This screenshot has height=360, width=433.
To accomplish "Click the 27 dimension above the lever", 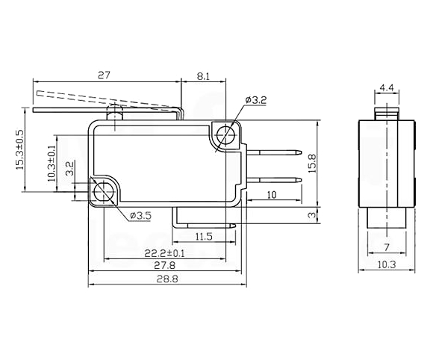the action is coord(104,75).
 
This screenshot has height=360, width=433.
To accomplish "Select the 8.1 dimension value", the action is coord(203,76).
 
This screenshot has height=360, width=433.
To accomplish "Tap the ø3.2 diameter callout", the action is coord(256,100).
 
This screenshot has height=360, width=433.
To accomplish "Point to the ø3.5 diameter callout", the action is coord(140,216).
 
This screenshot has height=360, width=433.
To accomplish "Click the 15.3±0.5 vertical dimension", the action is coord(20,149).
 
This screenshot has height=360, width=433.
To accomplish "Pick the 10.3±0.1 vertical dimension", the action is coord(52,163).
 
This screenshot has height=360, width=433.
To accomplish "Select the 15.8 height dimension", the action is coord(312,164).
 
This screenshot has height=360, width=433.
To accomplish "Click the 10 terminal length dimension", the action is coord(272,195).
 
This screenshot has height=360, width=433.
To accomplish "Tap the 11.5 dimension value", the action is coord(204,237).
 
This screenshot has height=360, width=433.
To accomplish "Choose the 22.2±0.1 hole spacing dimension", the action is coord(165,253).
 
